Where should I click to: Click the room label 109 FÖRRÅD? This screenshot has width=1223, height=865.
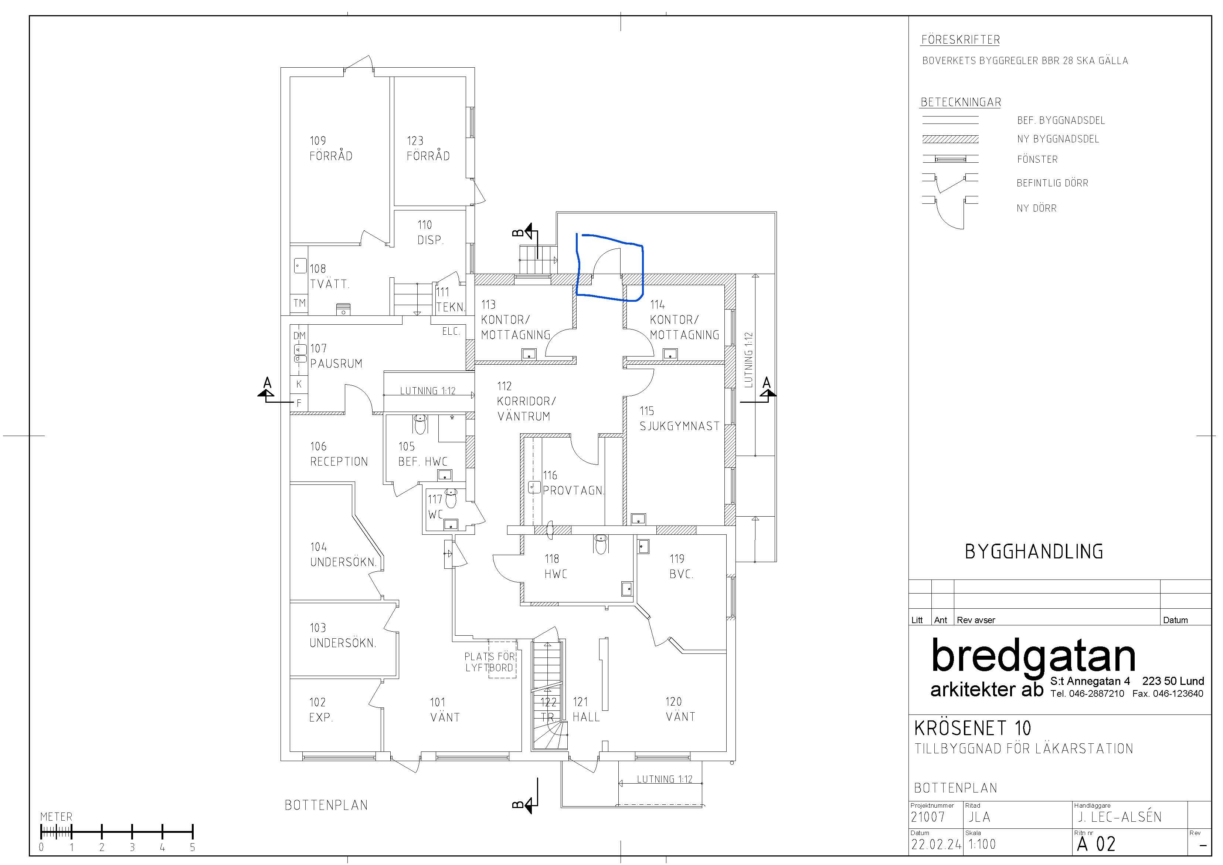[x=331, y=148]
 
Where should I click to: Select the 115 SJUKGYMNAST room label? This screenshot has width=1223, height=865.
[x=680, y=418]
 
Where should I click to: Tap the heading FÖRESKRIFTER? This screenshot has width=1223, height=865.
[x=960, y=40]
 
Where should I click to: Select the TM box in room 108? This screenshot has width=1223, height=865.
[x=299, y=303]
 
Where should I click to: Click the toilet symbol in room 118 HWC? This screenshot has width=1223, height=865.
[x=601, y=545]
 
